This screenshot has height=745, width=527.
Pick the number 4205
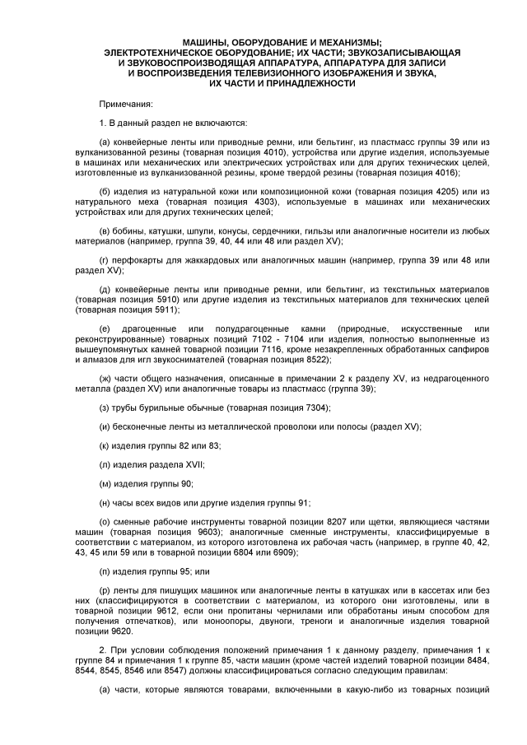[x=429, y=192]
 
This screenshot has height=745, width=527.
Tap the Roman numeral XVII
[x=170, y=464]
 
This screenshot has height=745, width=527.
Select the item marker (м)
[x=105, y=483]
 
